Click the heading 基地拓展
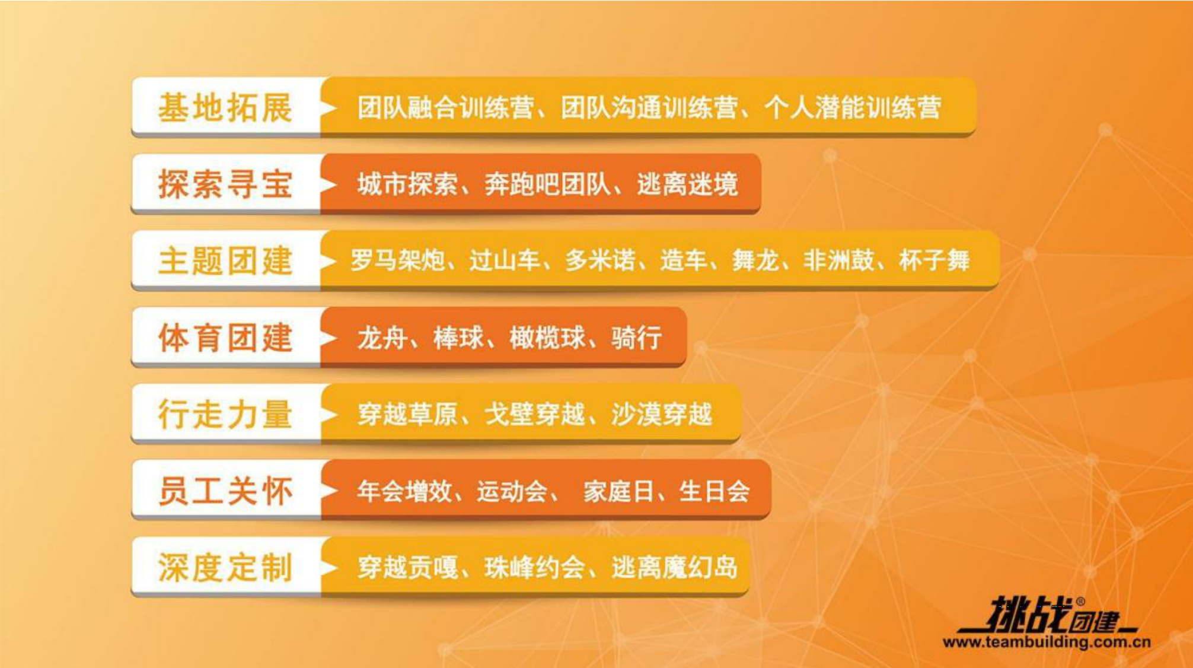click(x=225, y=107)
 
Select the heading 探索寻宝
click(x=225, y=184)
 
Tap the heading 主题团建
click(x=225, y=260)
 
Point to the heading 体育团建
click(x=225, y=337)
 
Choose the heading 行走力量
click(x=225, y=413)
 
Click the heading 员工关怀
click(x=225, y=491)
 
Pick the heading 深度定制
click(x=225, y=567)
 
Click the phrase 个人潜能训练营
click(x=853, y=107)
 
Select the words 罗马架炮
click(x=397, y=260)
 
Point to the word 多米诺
click(x=600, y=260)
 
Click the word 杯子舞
click(x=934, y=260)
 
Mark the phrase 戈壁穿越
click(x=535, y=413)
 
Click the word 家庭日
click(x=618, y=491)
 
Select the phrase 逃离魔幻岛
click(x=675, y=567)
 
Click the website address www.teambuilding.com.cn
click(x=1047, y=642)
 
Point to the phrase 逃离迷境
click(x=688, y=184)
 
